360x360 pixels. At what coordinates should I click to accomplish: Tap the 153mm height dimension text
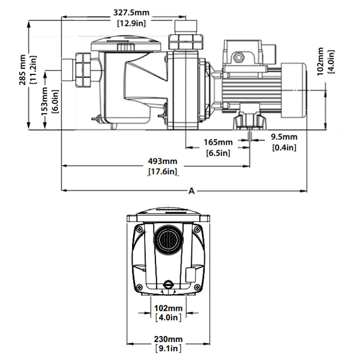pyautogui.click(x=43, y=100)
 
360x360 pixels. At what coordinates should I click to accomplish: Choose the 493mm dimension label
pyautogui.click(x=163, y=161)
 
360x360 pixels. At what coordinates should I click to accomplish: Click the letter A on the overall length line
pyautogui.click(x=191, y=191)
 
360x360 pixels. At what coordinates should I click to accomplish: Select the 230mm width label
pyautogui.click(x=170, y=339)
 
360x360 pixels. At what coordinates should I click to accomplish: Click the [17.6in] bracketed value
pyautogui.click(x=163, y=172)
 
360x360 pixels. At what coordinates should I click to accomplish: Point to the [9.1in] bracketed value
pyautogui.click(x=170, y=349)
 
